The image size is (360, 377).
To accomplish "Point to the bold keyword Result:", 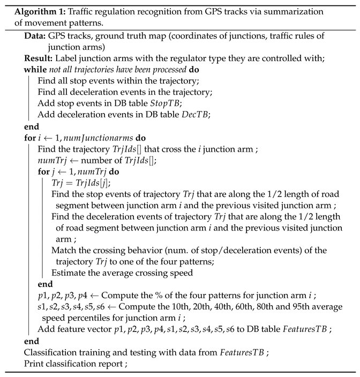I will (x=37, y=58).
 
